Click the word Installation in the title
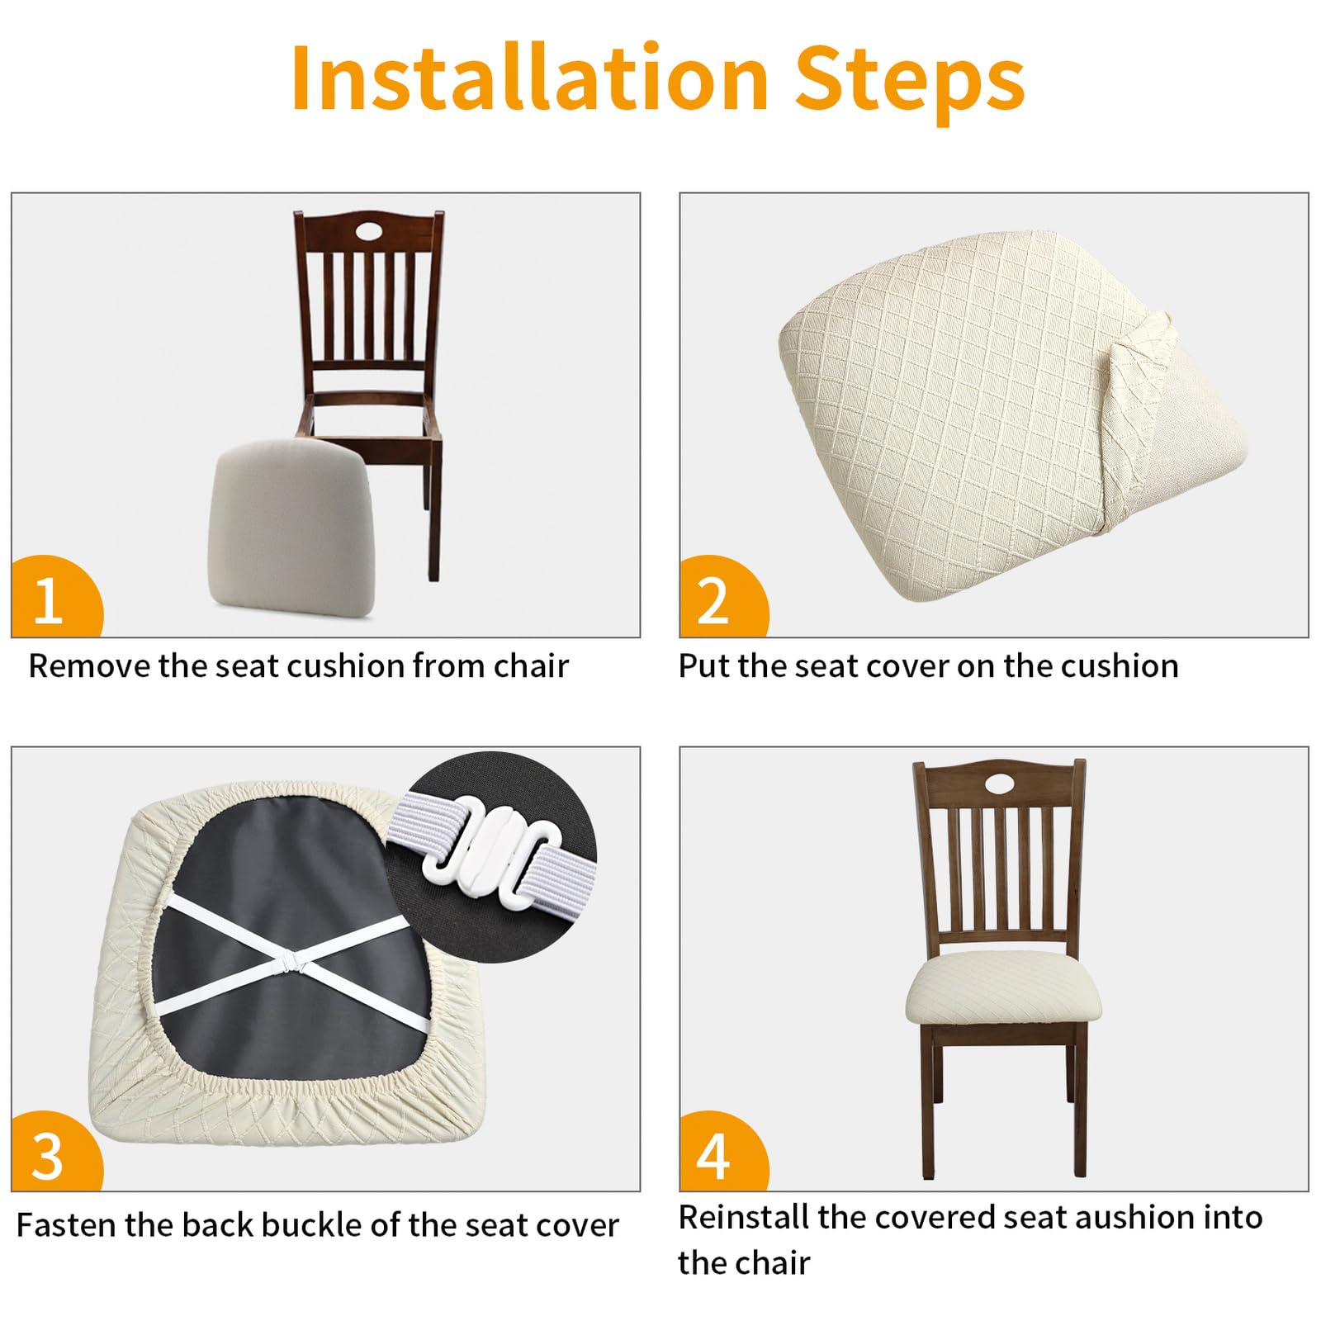pos(530,78)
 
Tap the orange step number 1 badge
pos(56,596)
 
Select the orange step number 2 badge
pos(722,596)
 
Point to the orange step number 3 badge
pos(56,1152)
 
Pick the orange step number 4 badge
pos(722,1152)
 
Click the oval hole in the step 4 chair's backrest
pos(999,781)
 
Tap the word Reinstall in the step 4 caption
pos(744,1217)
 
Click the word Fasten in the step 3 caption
pos(67,1225)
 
